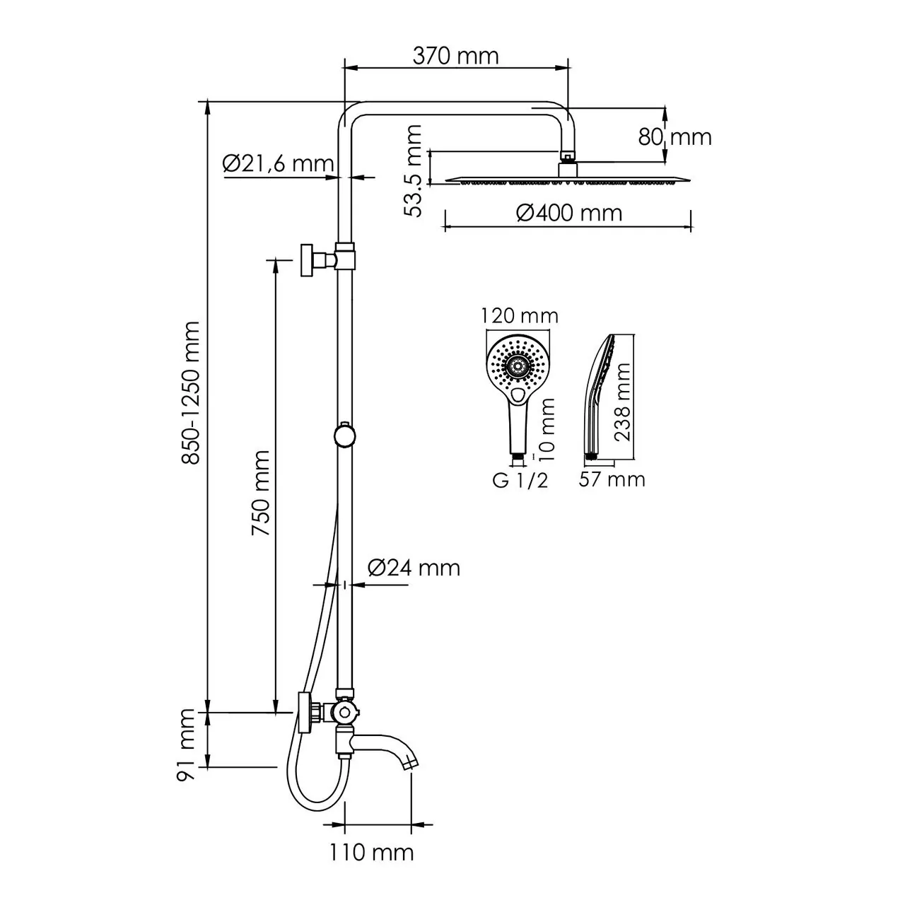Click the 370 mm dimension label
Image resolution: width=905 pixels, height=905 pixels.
pyautogui.click(x=455, y=56)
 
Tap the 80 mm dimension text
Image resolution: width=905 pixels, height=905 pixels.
pyautogui.click(x=675, y=136)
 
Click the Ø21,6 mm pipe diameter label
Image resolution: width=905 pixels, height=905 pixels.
pyautogui.click(x=277, y=164)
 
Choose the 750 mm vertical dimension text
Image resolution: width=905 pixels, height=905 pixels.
pyautogui.click(x=262, y=493)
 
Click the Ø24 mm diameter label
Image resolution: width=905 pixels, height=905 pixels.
pyautogui.click(x=414, y=567)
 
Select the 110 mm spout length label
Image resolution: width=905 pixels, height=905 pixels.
pyautogui.click(x=371, y=852)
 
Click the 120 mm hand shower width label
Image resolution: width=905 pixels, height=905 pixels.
pyautogui.click(x=520, y=315)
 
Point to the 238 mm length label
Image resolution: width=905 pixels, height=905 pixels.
pyautogui.click(x=622, y=402)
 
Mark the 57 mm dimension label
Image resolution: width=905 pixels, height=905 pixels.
pyautogui.click(x=612, y=479)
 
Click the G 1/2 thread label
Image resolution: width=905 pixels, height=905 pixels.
pyautogui.click(x=520, y=481)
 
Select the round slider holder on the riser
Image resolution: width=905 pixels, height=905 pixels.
pyautogui.click(x=344, y=435)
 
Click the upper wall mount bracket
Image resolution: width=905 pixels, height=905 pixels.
pyautogui.click(x=311, y=259)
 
